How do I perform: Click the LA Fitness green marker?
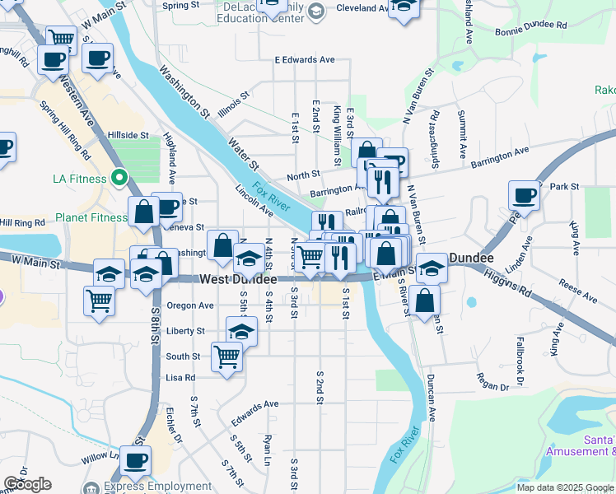click(119, 178)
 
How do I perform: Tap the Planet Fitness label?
click(91, 218)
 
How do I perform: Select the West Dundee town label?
click(238, 280)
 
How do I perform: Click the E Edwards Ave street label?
click(305, 60)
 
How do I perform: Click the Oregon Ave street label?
click(190, 305)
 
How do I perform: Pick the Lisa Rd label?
click(180, 378)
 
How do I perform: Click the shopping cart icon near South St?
click(226, 357)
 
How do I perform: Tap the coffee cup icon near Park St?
click(524, 196)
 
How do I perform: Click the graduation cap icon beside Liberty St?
click(240, 331)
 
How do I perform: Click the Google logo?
click(27, 484)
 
